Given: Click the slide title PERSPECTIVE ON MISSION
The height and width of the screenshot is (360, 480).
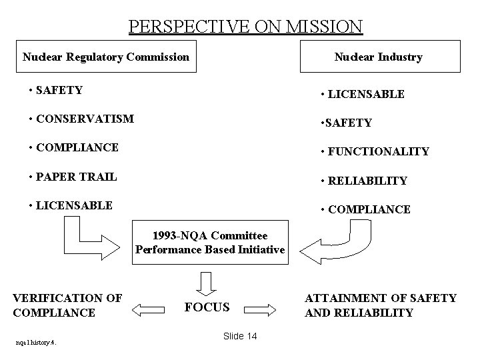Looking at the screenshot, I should pos(245,27).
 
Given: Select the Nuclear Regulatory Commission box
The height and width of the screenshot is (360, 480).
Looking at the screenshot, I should pos(105,57).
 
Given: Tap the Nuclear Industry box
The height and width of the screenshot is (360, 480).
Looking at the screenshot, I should pos(378,57).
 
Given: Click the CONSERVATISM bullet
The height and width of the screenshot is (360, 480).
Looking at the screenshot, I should pos(81,119).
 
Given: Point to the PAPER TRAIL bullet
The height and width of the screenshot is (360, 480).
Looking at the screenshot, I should pos(73,177).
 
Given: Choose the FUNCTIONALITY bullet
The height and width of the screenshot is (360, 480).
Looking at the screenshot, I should pos(375,151).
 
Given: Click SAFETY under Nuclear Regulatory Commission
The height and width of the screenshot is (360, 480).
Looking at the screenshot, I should pos(57,89).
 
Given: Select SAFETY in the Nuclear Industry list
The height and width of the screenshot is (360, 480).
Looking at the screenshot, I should pos(346,123).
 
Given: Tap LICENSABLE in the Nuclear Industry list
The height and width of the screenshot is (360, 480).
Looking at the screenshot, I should pos(362,94).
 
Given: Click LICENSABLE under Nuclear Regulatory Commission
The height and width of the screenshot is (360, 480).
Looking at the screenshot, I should pos(71,205).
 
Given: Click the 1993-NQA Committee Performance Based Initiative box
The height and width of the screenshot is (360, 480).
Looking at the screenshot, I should pos(210,243).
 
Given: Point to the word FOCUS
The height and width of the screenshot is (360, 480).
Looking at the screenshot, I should pos(207,307).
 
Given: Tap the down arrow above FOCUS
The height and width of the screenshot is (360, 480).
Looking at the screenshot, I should pos(206,281).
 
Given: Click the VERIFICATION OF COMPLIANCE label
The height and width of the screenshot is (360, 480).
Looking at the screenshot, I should pos(67,305).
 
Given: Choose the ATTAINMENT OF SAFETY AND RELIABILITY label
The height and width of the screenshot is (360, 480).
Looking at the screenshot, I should pos(381,305).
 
